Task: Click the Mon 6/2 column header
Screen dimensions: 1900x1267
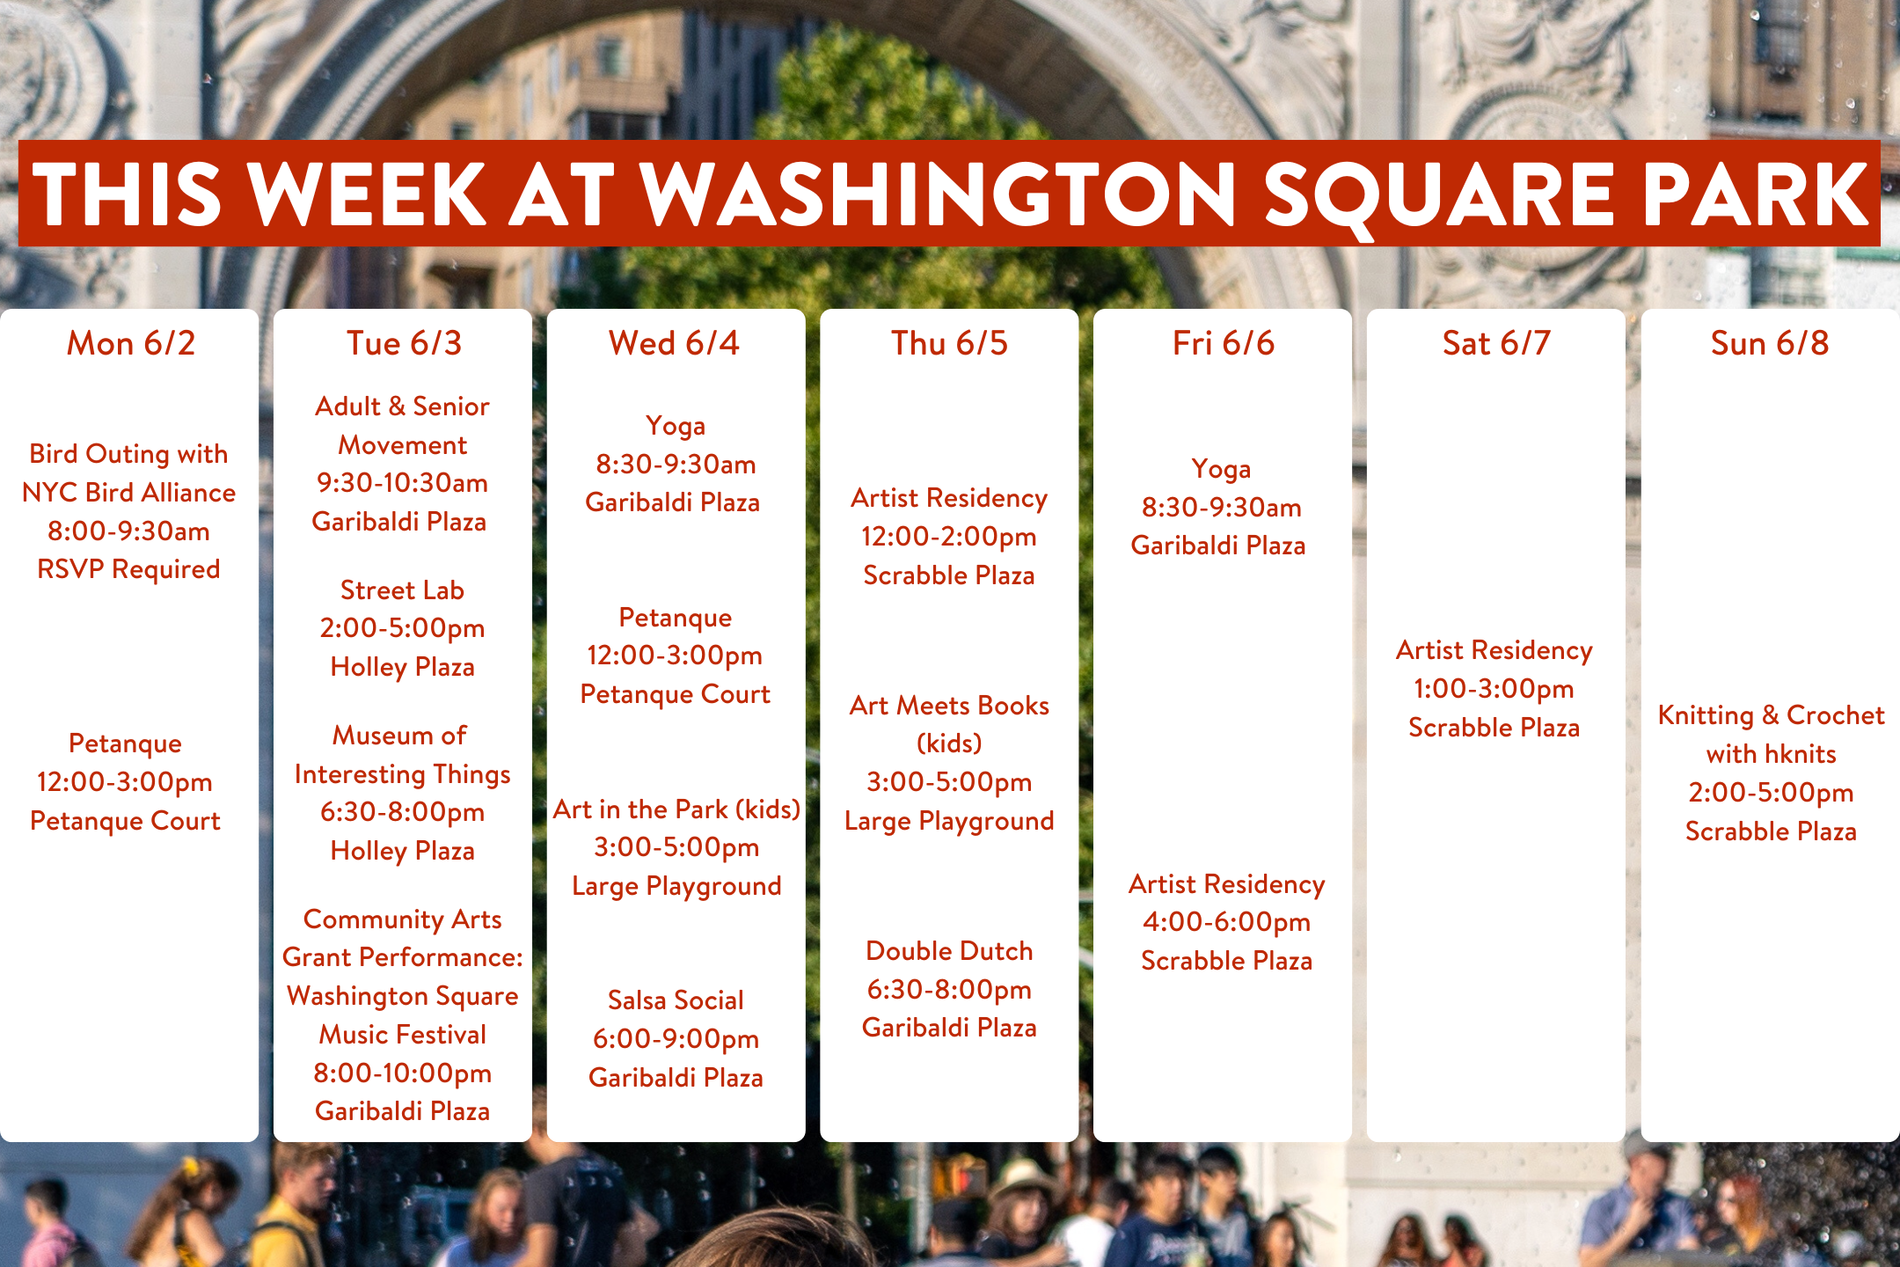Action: click(x=131, y=343)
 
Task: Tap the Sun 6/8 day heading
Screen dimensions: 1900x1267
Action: click(x=1770, y=343)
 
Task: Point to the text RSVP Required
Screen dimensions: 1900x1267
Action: click(x=128, y=569)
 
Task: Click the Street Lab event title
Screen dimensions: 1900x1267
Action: click(x=402, y=590)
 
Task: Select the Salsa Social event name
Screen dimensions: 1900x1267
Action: click(x=676, y=1000)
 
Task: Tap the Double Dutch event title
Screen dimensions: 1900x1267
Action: click(x=949, y=951)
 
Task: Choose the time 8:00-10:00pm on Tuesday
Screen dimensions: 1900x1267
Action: click(x=402, y=1073)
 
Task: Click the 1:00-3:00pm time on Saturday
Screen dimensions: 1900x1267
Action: click(x=1494, y=689)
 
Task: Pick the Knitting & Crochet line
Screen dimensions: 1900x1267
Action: click(x=1771, y=715)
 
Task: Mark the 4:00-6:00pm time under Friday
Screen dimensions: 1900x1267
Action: click(x=1226, y=922)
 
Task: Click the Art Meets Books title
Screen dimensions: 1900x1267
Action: click(x=949, y=706)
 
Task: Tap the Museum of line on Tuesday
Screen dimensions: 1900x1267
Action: click(x=399, y=735)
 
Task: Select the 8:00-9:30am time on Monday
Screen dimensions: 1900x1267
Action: click(x=128, y=531)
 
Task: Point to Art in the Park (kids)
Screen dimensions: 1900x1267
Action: click(x=676, y=809)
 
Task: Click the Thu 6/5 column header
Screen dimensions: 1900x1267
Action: click(x=949, y=343)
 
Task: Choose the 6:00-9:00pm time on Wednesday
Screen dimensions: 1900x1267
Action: click(x=676, y=1039)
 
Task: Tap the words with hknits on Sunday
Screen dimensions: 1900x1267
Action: click(x=1771, y=754)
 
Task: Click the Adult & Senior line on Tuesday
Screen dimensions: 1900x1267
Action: click(x=402, y=406)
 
